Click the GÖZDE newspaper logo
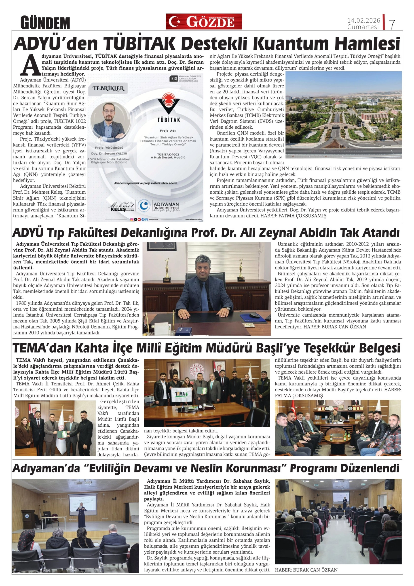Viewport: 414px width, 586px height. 204,21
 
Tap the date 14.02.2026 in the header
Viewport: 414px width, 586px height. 363,20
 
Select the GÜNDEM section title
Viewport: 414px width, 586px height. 45,23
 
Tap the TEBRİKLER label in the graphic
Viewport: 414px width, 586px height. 109,89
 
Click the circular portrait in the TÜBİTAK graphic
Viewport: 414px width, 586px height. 110,121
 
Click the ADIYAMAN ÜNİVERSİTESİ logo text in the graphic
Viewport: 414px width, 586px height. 166,206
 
